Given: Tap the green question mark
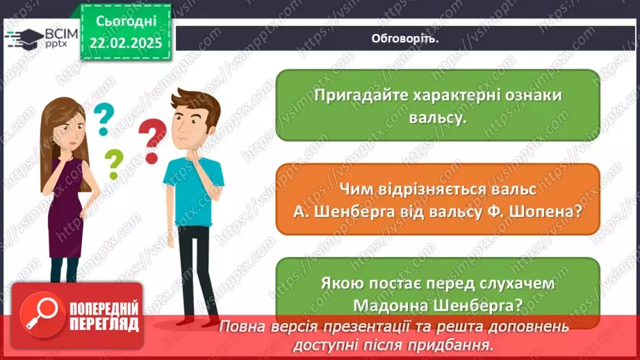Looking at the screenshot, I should point(113,164).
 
